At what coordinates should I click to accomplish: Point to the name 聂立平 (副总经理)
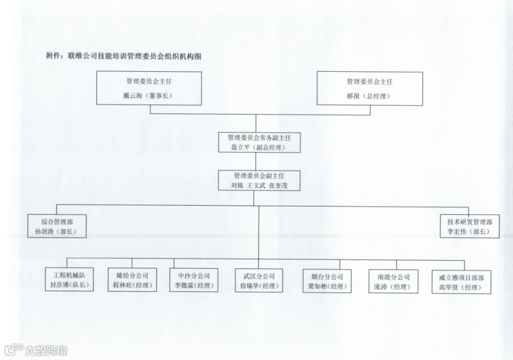256,147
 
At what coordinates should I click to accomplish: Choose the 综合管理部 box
56,226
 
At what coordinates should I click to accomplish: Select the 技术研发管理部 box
470,226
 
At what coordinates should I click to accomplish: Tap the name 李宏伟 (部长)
469,232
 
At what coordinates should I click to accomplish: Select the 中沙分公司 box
194,280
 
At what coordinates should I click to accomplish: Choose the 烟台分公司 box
324,281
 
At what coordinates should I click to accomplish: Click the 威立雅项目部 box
461,281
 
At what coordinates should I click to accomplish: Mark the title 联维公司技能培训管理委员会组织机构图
134,56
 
